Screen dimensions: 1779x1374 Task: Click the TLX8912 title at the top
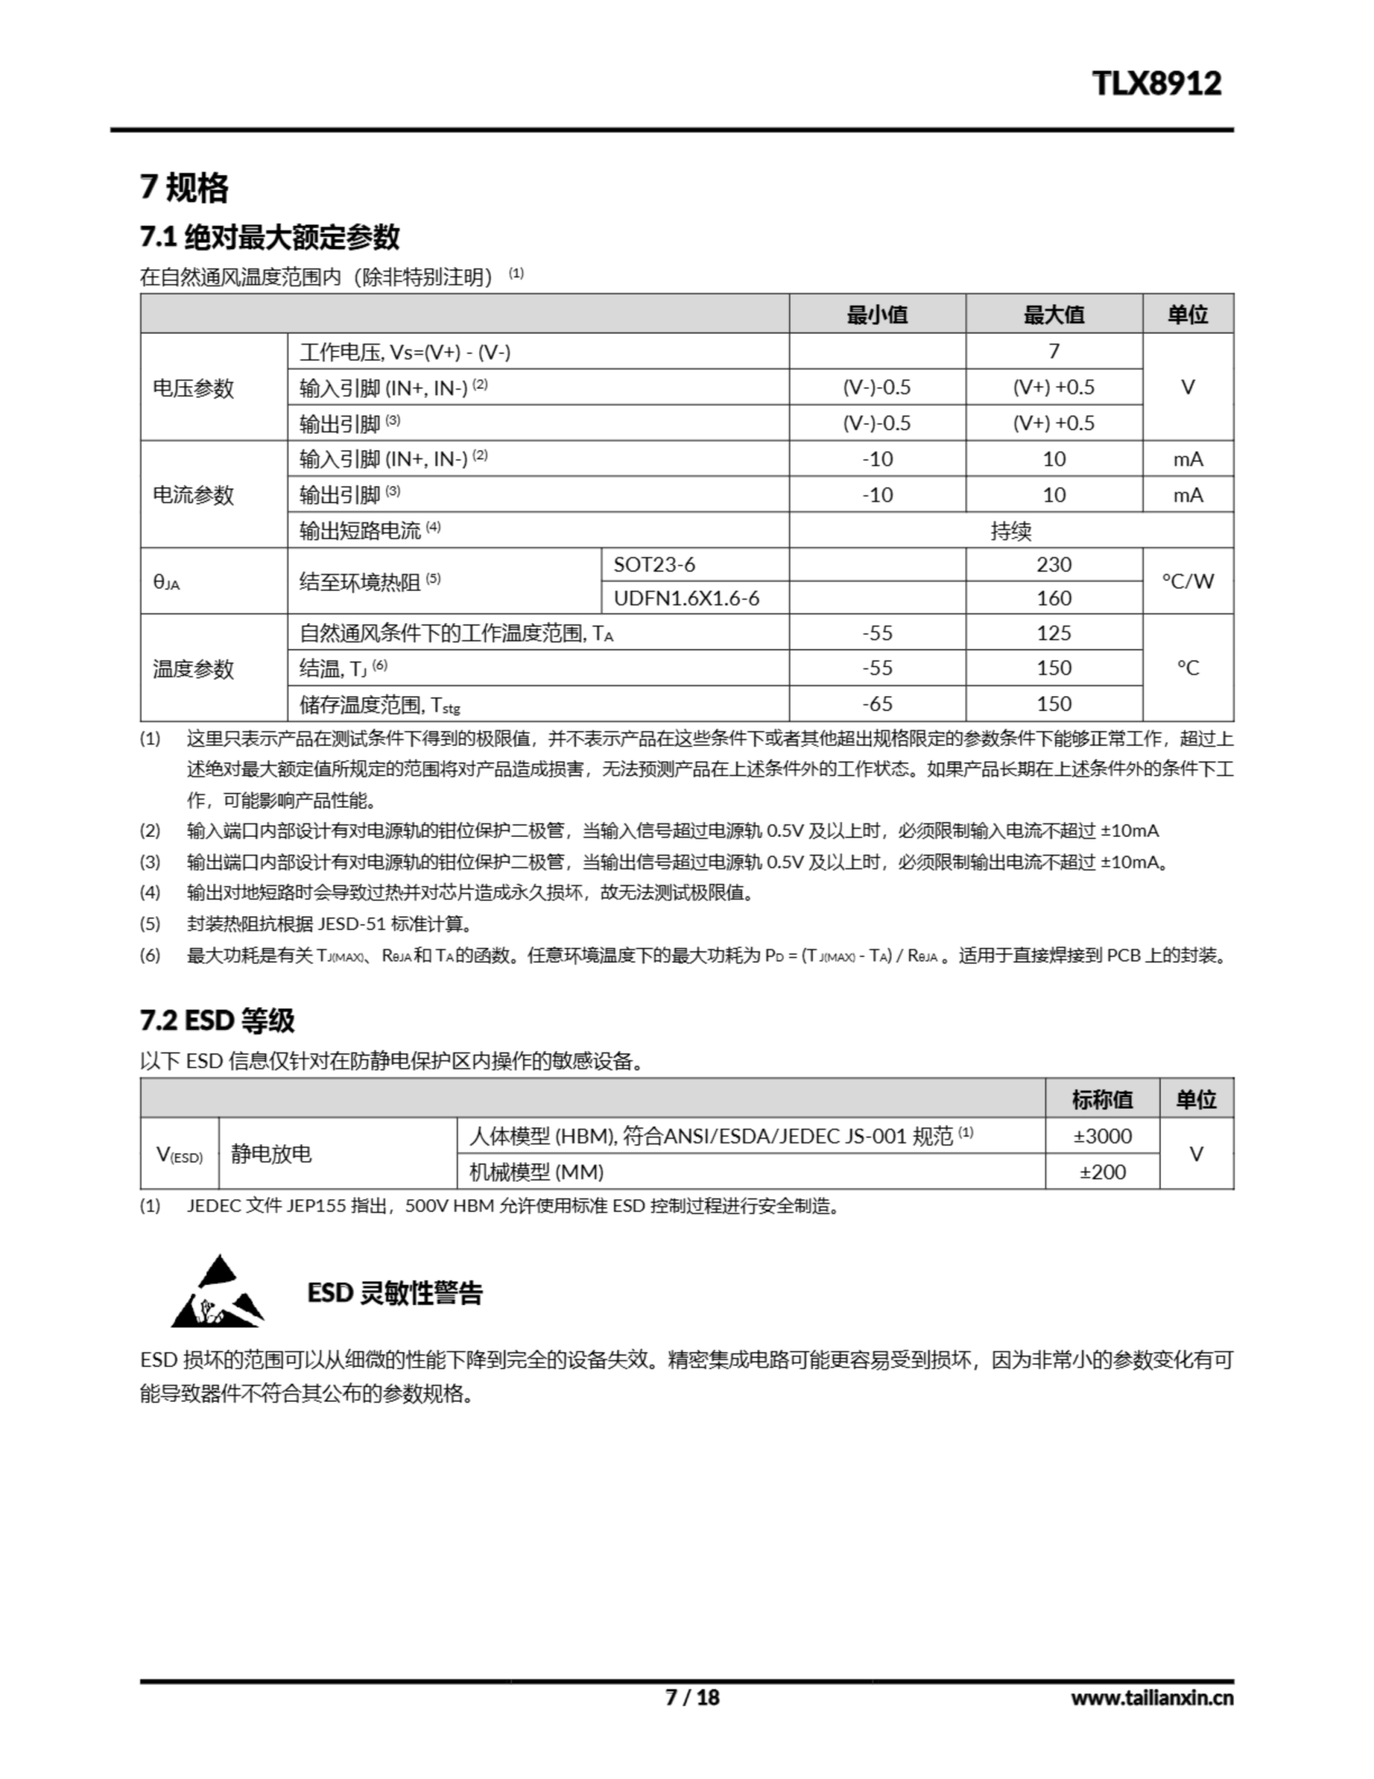click(1156, 84)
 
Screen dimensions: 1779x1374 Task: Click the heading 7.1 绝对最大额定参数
click(270, 237)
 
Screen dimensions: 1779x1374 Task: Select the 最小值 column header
click(877, 314)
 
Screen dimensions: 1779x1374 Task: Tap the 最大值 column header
click(1053, 314)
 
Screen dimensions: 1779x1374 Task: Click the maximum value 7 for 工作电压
click(1053, 351)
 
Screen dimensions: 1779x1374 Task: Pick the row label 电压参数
click(193, 388)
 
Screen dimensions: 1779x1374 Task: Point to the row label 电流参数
click(193, 495)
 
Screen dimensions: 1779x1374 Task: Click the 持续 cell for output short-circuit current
click(1011, 531)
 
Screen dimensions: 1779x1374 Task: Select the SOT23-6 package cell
click(654, 564)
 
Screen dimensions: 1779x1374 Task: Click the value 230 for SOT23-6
click(1053, 564)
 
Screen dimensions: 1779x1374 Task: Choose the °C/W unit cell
click(1187, 581)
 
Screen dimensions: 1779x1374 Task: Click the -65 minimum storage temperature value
click(877, 704)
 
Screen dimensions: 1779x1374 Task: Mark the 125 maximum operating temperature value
click(1053, 633)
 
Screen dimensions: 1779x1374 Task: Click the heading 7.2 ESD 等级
click(217, 1020)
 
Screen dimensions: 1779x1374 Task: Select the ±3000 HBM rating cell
click(1102, 1136)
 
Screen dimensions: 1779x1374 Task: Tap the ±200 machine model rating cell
click(1102, 1172)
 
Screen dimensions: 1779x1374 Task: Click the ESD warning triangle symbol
click(217, 1293)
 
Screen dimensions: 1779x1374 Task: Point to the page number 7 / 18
click(693, 1697)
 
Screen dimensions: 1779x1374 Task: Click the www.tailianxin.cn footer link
click(1152, 1698)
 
